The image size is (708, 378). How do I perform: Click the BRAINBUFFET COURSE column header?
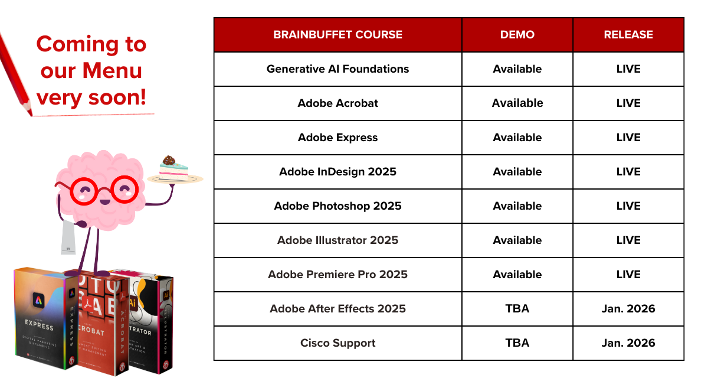(x=337, y=35)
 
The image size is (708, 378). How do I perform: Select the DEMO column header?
(x=517, y=35)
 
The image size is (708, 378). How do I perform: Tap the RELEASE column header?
(x=628, y=35)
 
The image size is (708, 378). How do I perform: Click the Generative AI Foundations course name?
(x=337, y=69)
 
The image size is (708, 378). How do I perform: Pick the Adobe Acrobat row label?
(x=337, y=103)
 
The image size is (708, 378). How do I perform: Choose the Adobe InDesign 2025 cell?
(x=337, y=172)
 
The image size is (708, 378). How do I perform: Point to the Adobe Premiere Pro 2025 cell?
(x=337, y=275)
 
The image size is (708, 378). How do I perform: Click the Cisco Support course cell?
(x=337, y=343)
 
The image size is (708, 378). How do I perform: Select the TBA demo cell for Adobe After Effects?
(x=517, y=309)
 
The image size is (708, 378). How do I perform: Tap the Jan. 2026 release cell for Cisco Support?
(x=628, y=343)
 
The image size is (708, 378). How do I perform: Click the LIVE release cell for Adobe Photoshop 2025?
(x=628, y=206)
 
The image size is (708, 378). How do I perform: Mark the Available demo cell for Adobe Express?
(x=517, y=138)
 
